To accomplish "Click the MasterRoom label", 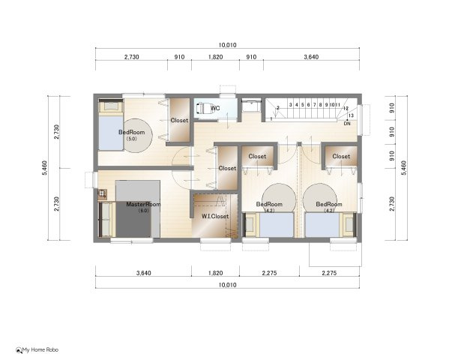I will point(142,204).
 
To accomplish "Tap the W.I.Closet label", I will point(215,217).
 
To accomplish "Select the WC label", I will point(215,109).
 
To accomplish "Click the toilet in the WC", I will point(202,108).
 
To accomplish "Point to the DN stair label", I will point(347,123).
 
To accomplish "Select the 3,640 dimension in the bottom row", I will point(144,274).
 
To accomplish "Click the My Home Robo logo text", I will point(40,350).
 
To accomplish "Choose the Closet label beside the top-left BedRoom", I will point(179,120).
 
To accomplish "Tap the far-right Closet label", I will point(341,157).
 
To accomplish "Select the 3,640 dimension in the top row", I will point(312,56).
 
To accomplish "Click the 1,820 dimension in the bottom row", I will point(215,274).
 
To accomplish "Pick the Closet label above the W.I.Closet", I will point(227,169).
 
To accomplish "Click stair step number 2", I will point(278,108).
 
